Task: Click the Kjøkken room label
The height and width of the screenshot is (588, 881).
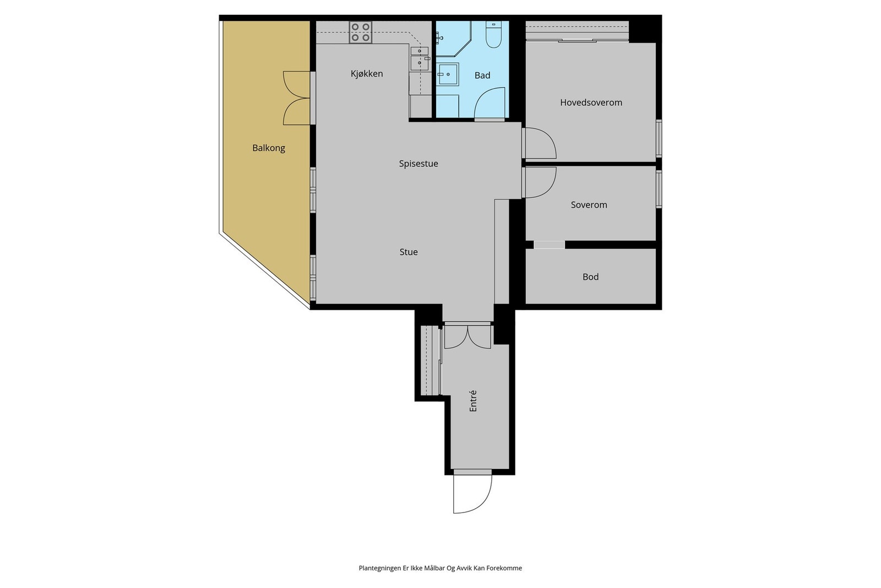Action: click(367, 74)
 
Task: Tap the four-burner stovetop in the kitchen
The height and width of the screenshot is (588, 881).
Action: click(361, 33)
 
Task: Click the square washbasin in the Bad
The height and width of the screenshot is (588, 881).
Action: click(448, 73)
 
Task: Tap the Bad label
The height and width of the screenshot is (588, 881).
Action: click(482, 75)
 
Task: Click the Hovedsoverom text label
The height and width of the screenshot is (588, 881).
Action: click(591, 103)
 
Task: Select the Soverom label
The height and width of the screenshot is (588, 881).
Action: click(589, 205)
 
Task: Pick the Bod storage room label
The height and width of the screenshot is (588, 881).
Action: click(590, 277)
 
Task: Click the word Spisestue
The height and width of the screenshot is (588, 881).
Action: click(418, 164)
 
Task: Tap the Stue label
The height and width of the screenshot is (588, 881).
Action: click(409, 252)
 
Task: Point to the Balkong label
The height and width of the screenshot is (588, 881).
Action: click(269, 148)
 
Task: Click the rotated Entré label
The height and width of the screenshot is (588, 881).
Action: click(473, 401)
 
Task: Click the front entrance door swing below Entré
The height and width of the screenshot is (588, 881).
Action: click(472, 493)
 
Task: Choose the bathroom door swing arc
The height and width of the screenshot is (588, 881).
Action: click(489, 103)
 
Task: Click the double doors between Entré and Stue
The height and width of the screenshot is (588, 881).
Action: click(467, 336)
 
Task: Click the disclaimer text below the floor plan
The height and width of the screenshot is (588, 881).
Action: click(440, 568)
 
